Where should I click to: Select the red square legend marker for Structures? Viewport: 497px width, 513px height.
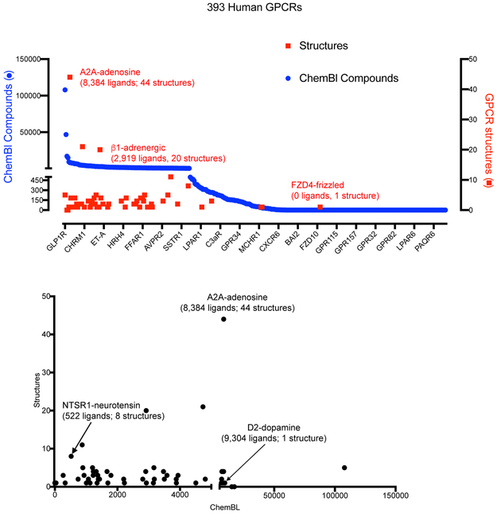(x=289, y=45)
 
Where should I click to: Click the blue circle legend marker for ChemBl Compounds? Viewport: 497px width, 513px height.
(x=289, y=78)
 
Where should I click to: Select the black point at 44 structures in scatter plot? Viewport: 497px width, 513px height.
(x=223, y=319)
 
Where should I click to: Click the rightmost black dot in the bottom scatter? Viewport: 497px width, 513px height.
(x=344, y=468)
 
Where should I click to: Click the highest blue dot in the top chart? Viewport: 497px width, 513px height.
(x=64, y=90)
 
